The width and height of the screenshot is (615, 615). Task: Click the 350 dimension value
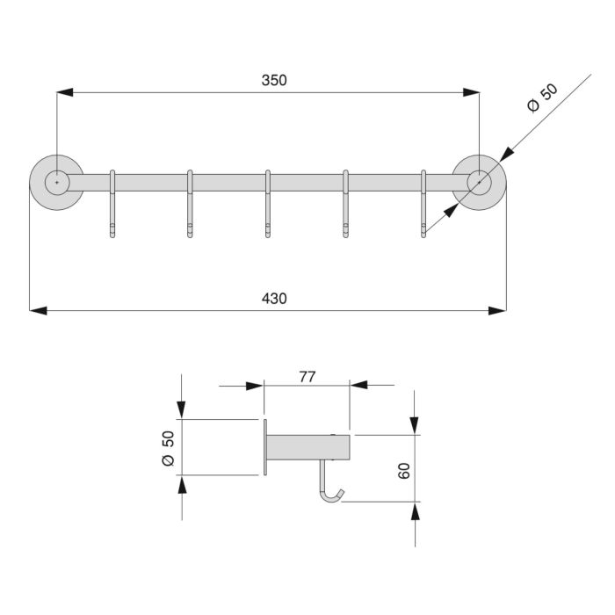pos(273,80)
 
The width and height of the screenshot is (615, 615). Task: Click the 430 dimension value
pos(273,298)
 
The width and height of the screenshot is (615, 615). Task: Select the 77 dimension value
pos(307,377)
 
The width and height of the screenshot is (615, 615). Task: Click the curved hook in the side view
pos(330,488)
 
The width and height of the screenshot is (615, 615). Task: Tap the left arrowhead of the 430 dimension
pos(37,309)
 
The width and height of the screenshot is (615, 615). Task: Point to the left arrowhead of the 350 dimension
pos(64,91)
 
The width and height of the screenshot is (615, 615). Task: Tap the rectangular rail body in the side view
pos(307,448)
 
